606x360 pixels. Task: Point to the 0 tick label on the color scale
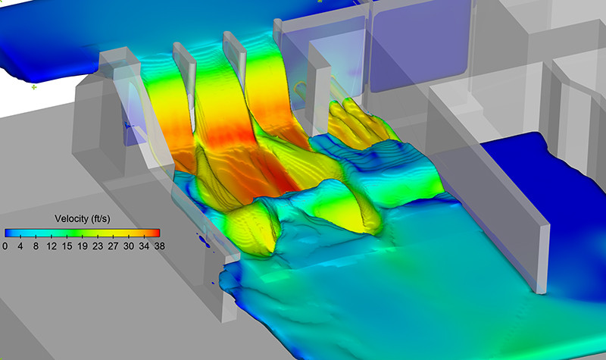click(x=5, y=246)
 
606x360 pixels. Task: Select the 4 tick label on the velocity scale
click(x=20, y=246)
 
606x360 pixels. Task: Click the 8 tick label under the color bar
click(x=36, y=246)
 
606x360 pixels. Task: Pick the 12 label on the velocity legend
click(x=52, y=246)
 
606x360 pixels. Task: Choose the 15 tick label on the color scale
click(x=67, y=246)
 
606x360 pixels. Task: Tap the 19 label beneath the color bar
click(x=83, y=246)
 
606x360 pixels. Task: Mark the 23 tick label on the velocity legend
click(x=98, y=246)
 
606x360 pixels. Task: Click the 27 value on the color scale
click(x=113, y=246)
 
